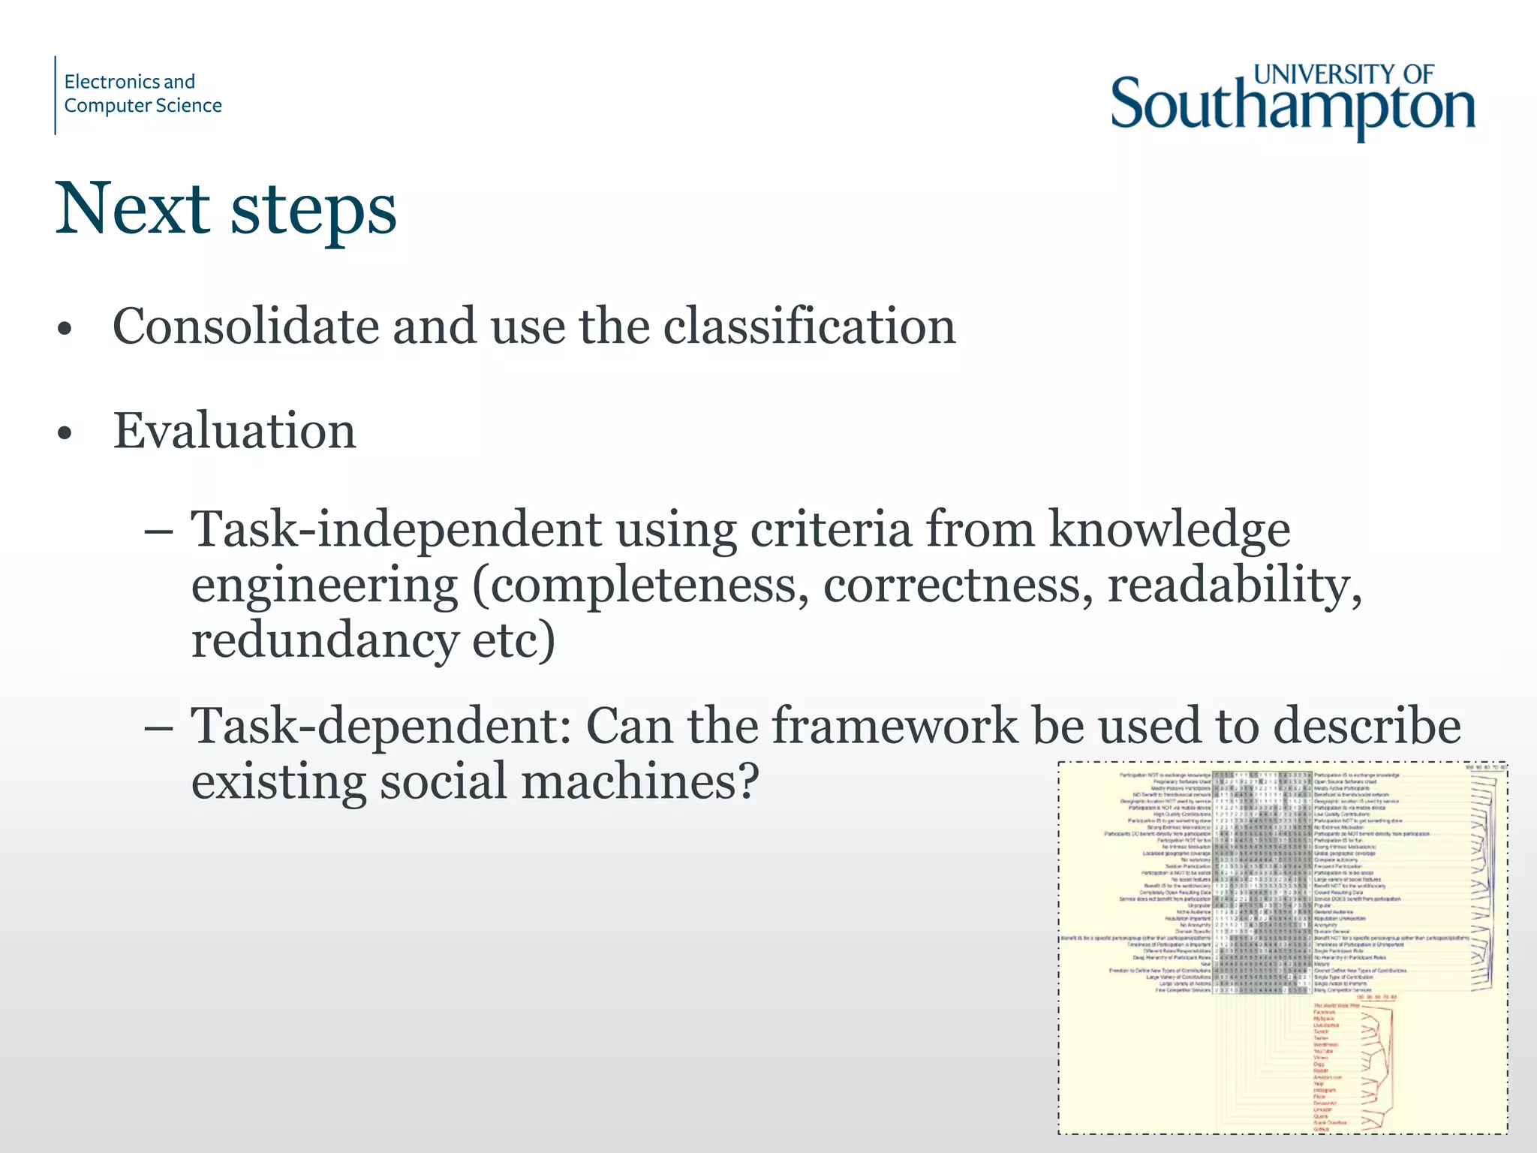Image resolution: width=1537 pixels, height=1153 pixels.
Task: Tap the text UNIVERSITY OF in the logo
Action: tap(1343, 74)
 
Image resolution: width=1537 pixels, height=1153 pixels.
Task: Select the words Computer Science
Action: tap(143, 106)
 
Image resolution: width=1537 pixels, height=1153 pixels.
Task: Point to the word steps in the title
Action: tap(313, 210)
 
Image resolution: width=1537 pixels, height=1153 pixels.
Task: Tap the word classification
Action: tap(809, 327)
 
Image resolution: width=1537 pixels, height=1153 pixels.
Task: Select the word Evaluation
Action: tap(234, 432)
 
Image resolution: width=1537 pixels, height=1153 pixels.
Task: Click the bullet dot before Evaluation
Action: tap(65, 433)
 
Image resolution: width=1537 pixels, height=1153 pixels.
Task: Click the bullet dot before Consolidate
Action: tap(65, 329)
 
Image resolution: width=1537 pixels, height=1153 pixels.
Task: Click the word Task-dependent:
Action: tap(381, 726)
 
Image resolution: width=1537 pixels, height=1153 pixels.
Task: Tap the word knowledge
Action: tap(1169, 529)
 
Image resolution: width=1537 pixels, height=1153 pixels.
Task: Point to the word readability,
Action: tap(1235, 585)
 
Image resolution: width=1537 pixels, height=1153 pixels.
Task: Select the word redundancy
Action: tap(324, 640)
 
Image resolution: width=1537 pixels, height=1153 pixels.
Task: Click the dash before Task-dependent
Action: tap(158, 727)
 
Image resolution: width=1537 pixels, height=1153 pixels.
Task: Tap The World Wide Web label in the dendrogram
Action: tap(1336, 1006)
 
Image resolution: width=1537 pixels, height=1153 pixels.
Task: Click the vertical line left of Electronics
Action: tap(56, 95)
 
